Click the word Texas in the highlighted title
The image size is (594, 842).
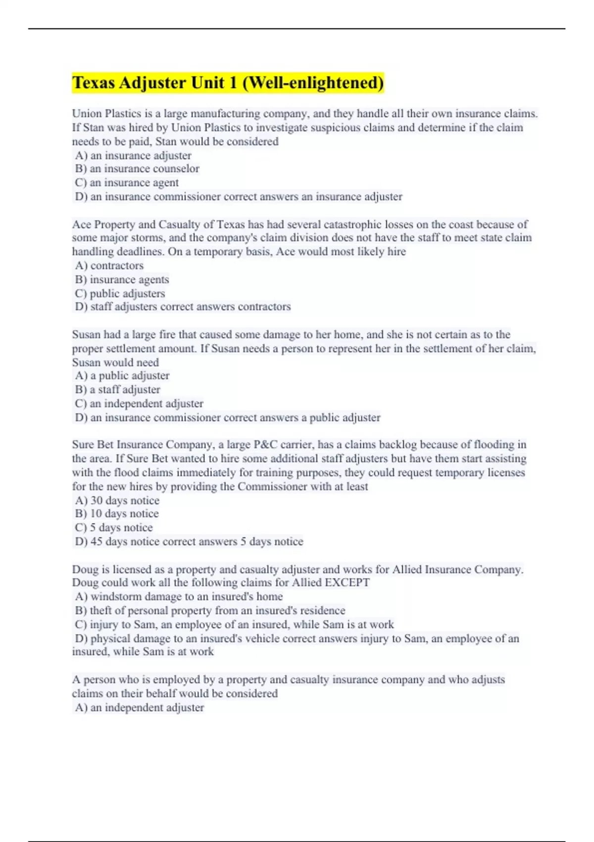[94, 83]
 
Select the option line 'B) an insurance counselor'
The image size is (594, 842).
[137, 169]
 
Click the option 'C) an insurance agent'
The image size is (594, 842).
[127, 183]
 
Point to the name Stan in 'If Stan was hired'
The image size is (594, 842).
[94, 128]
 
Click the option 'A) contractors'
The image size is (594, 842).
[109, 265]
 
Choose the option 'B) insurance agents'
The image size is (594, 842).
[122, 279]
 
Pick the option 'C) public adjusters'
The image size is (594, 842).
[120, 293]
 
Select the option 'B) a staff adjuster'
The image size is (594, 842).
[117, 390]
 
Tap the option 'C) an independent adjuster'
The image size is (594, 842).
[139, 404]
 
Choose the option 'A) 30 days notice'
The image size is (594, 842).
[117, 500]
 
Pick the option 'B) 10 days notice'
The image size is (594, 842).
[117, 514]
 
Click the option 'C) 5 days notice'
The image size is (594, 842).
[114, 527]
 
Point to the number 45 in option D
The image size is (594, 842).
[97, 541]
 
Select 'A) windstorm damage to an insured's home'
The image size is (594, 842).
[179, 597]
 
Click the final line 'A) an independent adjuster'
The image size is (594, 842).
[139, 708]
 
